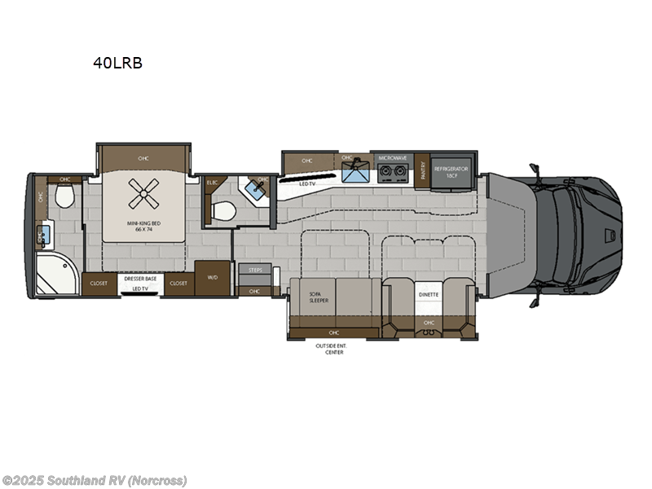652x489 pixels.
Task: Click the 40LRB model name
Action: [x=118, y=62]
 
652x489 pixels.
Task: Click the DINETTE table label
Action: [x=429, y=296]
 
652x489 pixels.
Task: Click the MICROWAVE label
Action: [x=392, y=157]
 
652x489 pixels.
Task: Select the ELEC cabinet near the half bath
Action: [x=212, y=184]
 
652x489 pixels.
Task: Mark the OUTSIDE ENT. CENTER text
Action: [x=331, y=349]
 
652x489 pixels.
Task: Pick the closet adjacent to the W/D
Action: [x=178, y=283]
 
